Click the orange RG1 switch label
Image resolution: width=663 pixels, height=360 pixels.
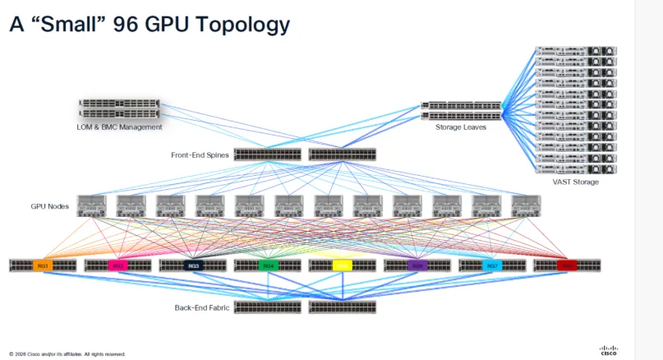click(43, 265)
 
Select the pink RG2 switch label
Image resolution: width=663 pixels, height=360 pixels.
click(117, 265)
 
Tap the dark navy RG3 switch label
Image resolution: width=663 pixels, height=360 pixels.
click(192, 265)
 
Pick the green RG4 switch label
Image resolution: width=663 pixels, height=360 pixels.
click(267, 265)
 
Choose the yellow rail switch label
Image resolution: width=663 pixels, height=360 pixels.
click(343, 265)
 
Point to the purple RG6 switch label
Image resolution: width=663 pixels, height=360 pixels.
click(417, 265)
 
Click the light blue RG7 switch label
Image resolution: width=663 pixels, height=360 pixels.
click(492, 265)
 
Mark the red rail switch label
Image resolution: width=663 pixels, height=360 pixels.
click(567, 265)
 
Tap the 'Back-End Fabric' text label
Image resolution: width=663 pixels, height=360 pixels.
click(201, 307)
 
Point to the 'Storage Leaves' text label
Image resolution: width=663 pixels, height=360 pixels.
click(461, 127)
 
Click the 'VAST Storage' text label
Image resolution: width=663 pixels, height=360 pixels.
click(575, 182)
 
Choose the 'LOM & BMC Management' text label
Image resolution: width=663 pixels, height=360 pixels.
click(119, 127)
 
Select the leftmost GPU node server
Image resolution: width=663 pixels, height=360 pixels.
click(91, 206)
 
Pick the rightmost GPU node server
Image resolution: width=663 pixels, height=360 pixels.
click(525, 206)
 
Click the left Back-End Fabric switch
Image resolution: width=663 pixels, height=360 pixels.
click(267, 307)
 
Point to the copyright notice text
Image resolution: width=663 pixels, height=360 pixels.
click(67, 354)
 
